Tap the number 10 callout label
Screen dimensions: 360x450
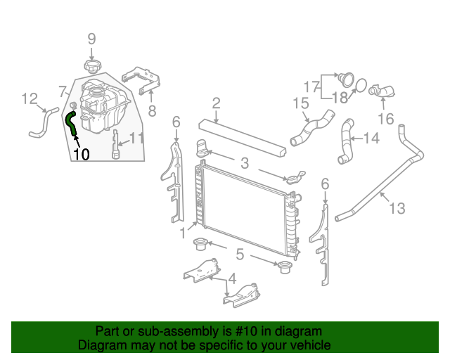(x=82, y=154)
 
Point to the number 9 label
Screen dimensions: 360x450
(x=91, y=39)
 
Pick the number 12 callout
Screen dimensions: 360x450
(x=29, y=98)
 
